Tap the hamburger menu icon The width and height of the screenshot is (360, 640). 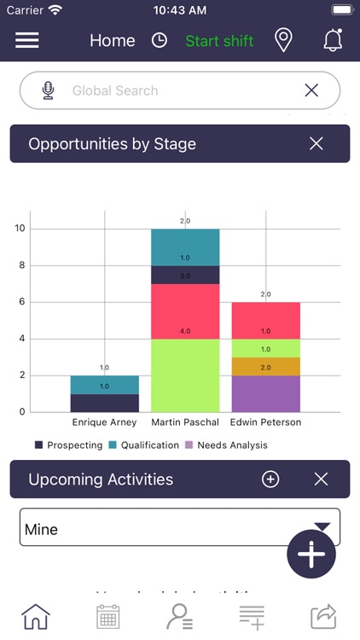click(27, 40)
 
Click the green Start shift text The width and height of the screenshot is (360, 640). click(219, 41)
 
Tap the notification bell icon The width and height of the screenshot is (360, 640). click(333, 40)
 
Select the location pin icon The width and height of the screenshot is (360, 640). click(283, 40)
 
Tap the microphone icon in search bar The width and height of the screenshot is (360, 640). click(48, 90)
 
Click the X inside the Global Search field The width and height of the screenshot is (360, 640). click(311, 90)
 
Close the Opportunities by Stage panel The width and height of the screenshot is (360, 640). click(316, 143)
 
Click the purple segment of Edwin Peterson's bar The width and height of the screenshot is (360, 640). click(265, 393)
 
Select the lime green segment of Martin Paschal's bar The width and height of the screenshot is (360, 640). click(185, 375)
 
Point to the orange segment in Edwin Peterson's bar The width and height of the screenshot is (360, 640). click(265, 366)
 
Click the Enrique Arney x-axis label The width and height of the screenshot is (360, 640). click(104, 422)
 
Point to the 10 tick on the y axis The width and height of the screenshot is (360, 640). click(20, 229)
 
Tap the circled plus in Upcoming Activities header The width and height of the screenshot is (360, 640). click(270, 480)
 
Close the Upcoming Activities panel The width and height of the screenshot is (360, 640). click(321, 480)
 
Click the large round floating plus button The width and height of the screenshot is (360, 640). click(311, 554)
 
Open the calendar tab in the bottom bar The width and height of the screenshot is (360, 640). click(107, 616)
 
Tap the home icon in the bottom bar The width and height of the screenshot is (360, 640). click(36, 616)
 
